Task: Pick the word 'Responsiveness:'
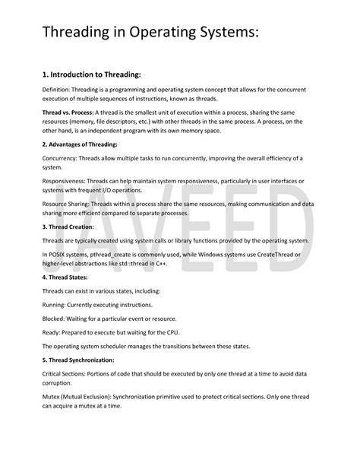69,181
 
